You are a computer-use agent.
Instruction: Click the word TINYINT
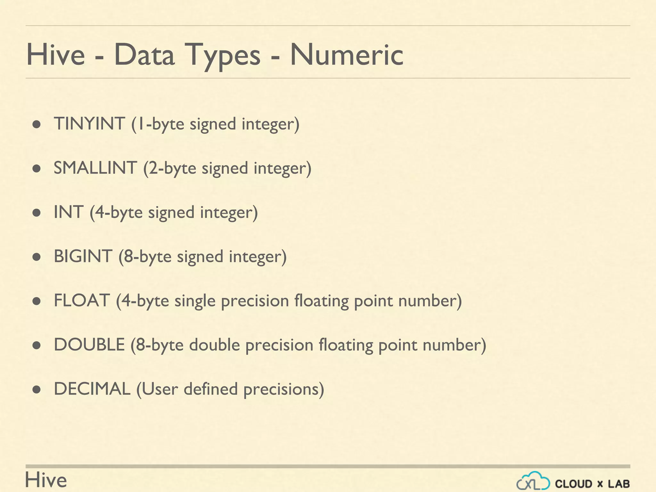pos(89,124)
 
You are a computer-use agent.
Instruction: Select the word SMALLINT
pos(95,168)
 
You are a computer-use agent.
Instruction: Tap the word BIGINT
pos(83,256)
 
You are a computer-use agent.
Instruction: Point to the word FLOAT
pos(82,300)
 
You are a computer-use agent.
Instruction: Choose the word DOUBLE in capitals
pos(89,345)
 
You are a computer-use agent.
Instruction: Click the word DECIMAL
pos(92,389)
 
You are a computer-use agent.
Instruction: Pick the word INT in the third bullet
pos(69,212)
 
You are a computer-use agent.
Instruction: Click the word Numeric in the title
pos(347,55)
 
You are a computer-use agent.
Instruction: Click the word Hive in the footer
pos(46,480)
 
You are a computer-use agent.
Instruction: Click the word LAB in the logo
pos(619,484)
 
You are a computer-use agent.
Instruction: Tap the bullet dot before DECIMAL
pos(37,389)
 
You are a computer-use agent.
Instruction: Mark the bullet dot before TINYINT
pos(37,124)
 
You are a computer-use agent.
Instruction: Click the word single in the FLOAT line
pos(195,301)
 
